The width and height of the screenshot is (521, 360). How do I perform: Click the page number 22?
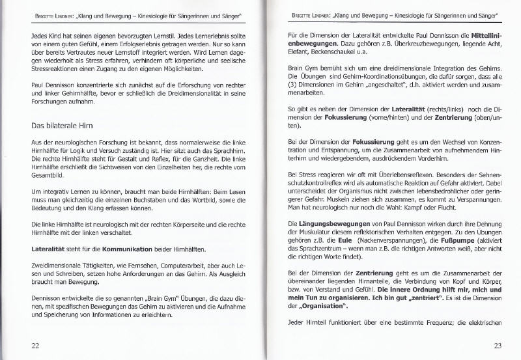tap(36, 344)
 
